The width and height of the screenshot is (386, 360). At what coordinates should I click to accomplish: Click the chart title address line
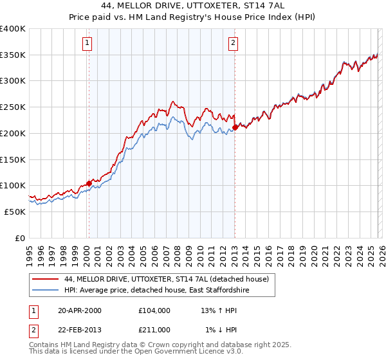193,5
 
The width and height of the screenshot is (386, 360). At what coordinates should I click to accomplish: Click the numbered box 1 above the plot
87,44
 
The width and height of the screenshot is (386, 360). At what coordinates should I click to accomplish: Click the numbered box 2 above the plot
232,44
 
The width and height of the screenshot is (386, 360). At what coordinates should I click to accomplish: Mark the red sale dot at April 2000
89,184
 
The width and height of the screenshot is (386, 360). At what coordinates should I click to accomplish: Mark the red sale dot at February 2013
235,127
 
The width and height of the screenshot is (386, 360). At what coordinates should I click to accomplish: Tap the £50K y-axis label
14,212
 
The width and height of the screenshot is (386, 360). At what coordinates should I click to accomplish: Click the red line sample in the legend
46,279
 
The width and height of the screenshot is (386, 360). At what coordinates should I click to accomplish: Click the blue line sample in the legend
46,291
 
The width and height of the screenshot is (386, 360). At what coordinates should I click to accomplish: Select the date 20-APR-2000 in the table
80,310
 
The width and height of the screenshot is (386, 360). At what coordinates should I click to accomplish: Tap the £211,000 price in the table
154,330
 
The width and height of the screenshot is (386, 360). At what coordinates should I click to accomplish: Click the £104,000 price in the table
154,310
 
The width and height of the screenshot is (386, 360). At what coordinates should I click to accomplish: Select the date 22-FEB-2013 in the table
80,330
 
